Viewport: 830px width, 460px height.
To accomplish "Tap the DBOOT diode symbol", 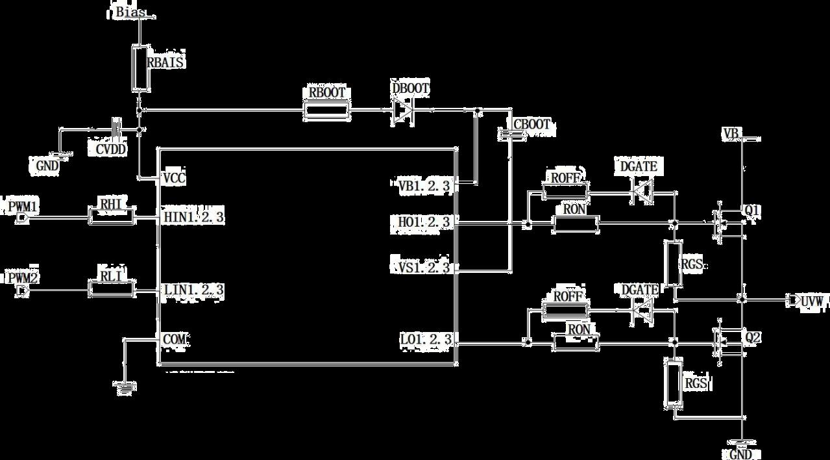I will click(402, 112).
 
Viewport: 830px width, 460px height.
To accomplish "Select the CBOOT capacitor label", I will click(531, 124).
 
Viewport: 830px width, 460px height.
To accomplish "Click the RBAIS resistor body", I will click(139, 68).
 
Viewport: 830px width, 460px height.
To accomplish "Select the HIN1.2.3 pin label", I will click(193, 217).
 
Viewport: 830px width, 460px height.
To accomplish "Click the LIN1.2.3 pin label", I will click(193, 289).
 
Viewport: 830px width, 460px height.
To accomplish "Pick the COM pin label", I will click(175, 339).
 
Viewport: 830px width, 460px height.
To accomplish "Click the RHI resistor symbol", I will click(112, 216).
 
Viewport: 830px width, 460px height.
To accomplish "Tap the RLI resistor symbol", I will click(112, 288).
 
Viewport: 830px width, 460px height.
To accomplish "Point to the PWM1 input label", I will click(23, 207).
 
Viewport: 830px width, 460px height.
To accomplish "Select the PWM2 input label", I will click(23, 279).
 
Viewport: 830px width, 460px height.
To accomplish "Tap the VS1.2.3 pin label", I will click(424, 266).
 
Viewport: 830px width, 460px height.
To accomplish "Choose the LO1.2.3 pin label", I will click(424, 339).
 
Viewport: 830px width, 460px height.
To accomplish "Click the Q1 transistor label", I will click(753, 211).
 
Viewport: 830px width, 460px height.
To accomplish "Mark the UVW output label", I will click(812, 301).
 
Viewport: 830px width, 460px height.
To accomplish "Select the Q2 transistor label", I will click(753, 339).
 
